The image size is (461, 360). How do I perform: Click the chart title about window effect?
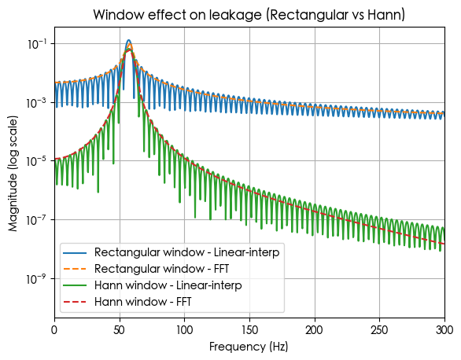tap(249, 15)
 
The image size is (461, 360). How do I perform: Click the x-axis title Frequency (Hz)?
tap(249, 346)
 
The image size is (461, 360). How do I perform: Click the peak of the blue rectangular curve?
tap(129, 40)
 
